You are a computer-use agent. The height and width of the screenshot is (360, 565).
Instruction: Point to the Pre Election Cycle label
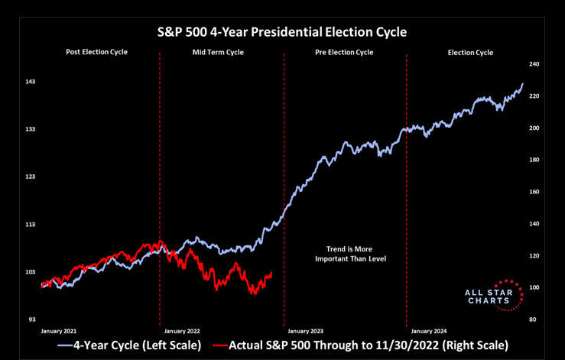pyautogui.click(x=344, y=53)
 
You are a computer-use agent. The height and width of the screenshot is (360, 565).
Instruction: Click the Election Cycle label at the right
pyautogui.click(x=470, y=53)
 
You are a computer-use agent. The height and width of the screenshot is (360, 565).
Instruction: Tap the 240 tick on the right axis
pyautogui.click(x=535, y=65)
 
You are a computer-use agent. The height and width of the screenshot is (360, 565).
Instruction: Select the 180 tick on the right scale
pyautogui.click(x=535, y=160)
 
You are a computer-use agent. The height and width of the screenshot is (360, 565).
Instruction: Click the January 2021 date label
pyautogui.click(x=59, y=331)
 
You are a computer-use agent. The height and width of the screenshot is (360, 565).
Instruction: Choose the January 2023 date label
pyautogui.click(x=305, y=331)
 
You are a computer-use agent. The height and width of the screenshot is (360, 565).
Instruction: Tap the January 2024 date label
pyautogui.click(x=428, y=331)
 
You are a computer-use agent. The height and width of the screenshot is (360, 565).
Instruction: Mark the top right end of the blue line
pyautogui.click(x=523, y=84)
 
